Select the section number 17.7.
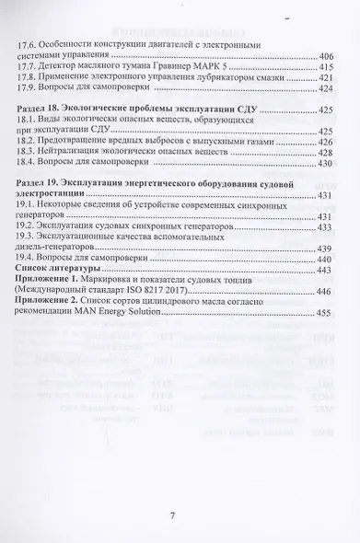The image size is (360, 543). click(x=30, y=67)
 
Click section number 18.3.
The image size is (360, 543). click(x=30, y=152)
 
